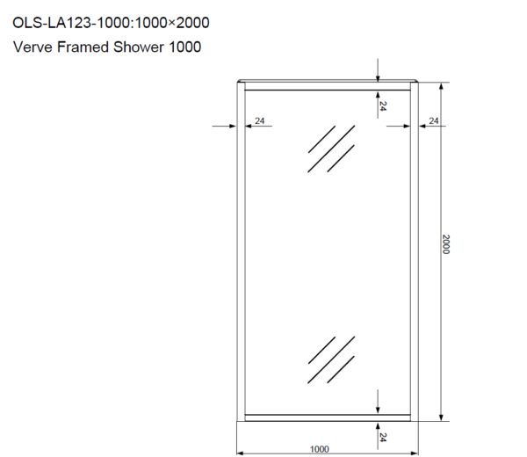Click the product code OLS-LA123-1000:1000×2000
[x=111, y=20]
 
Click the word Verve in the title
[x=32, y=46]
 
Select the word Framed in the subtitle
[x=85, y=46]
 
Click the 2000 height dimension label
[x=445, y=243]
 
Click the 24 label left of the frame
[x=260, y=120]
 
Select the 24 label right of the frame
[x=433, y=120]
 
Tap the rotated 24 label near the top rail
[x=384, y=105]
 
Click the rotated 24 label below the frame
[x=384, y=434]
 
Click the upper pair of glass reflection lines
[x=331, y=149]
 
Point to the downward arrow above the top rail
[x=378, y=69]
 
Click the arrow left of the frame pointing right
[x=225, y=127]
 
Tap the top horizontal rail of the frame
[x=327, y=86]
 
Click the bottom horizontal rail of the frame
[x=327, y=416]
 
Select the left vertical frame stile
[x=241, y=250]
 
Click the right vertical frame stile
[x=414, y=250]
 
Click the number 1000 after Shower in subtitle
[x=186, y=46]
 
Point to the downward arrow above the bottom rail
[x=378, y=402]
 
